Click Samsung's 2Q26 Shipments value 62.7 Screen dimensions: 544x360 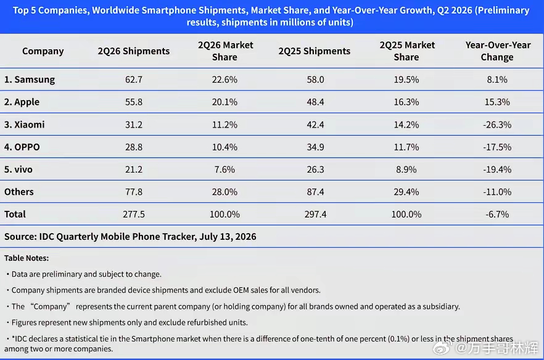point(134,80)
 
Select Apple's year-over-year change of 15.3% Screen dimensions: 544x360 point(497,102)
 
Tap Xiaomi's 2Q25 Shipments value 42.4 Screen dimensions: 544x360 point(315,125)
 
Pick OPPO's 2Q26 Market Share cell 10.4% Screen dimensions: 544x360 point(225,147)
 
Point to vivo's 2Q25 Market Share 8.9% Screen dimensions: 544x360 point(406,170)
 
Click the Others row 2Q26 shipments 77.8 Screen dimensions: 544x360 point(134,192)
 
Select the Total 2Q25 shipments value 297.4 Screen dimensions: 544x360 point(315,215)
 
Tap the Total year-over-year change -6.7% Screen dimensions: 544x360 point(497,215)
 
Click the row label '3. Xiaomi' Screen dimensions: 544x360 point(24,125)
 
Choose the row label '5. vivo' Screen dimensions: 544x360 point(19,170)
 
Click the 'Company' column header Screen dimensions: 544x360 point(43,51)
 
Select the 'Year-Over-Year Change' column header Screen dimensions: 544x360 point(498,51)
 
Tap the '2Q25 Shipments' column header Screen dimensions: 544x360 point(315,51)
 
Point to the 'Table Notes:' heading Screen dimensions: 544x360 point(27,258)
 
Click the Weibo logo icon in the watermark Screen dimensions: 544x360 point(442,347)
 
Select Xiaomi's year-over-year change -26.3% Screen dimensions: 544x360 point(497,125)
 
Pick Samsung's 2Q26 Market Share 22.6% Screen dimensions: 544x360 point(225,80)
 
